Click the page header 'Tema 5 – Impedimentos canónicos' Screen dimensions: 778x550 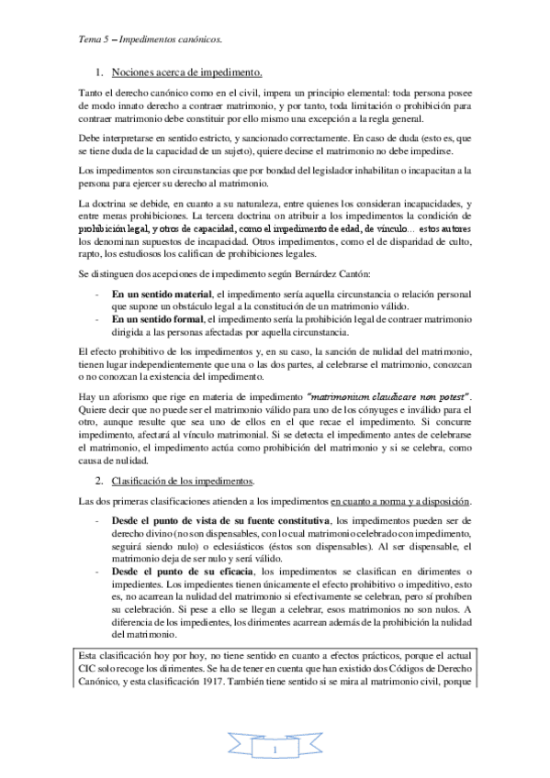pos(150,40)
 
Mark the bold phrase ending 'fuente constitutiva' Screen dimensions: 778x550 pos(223,521)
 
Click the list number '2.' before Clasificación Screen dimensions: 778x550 pos(101,481)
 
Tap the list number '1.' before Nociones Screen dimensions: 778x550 pos(101,72)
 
